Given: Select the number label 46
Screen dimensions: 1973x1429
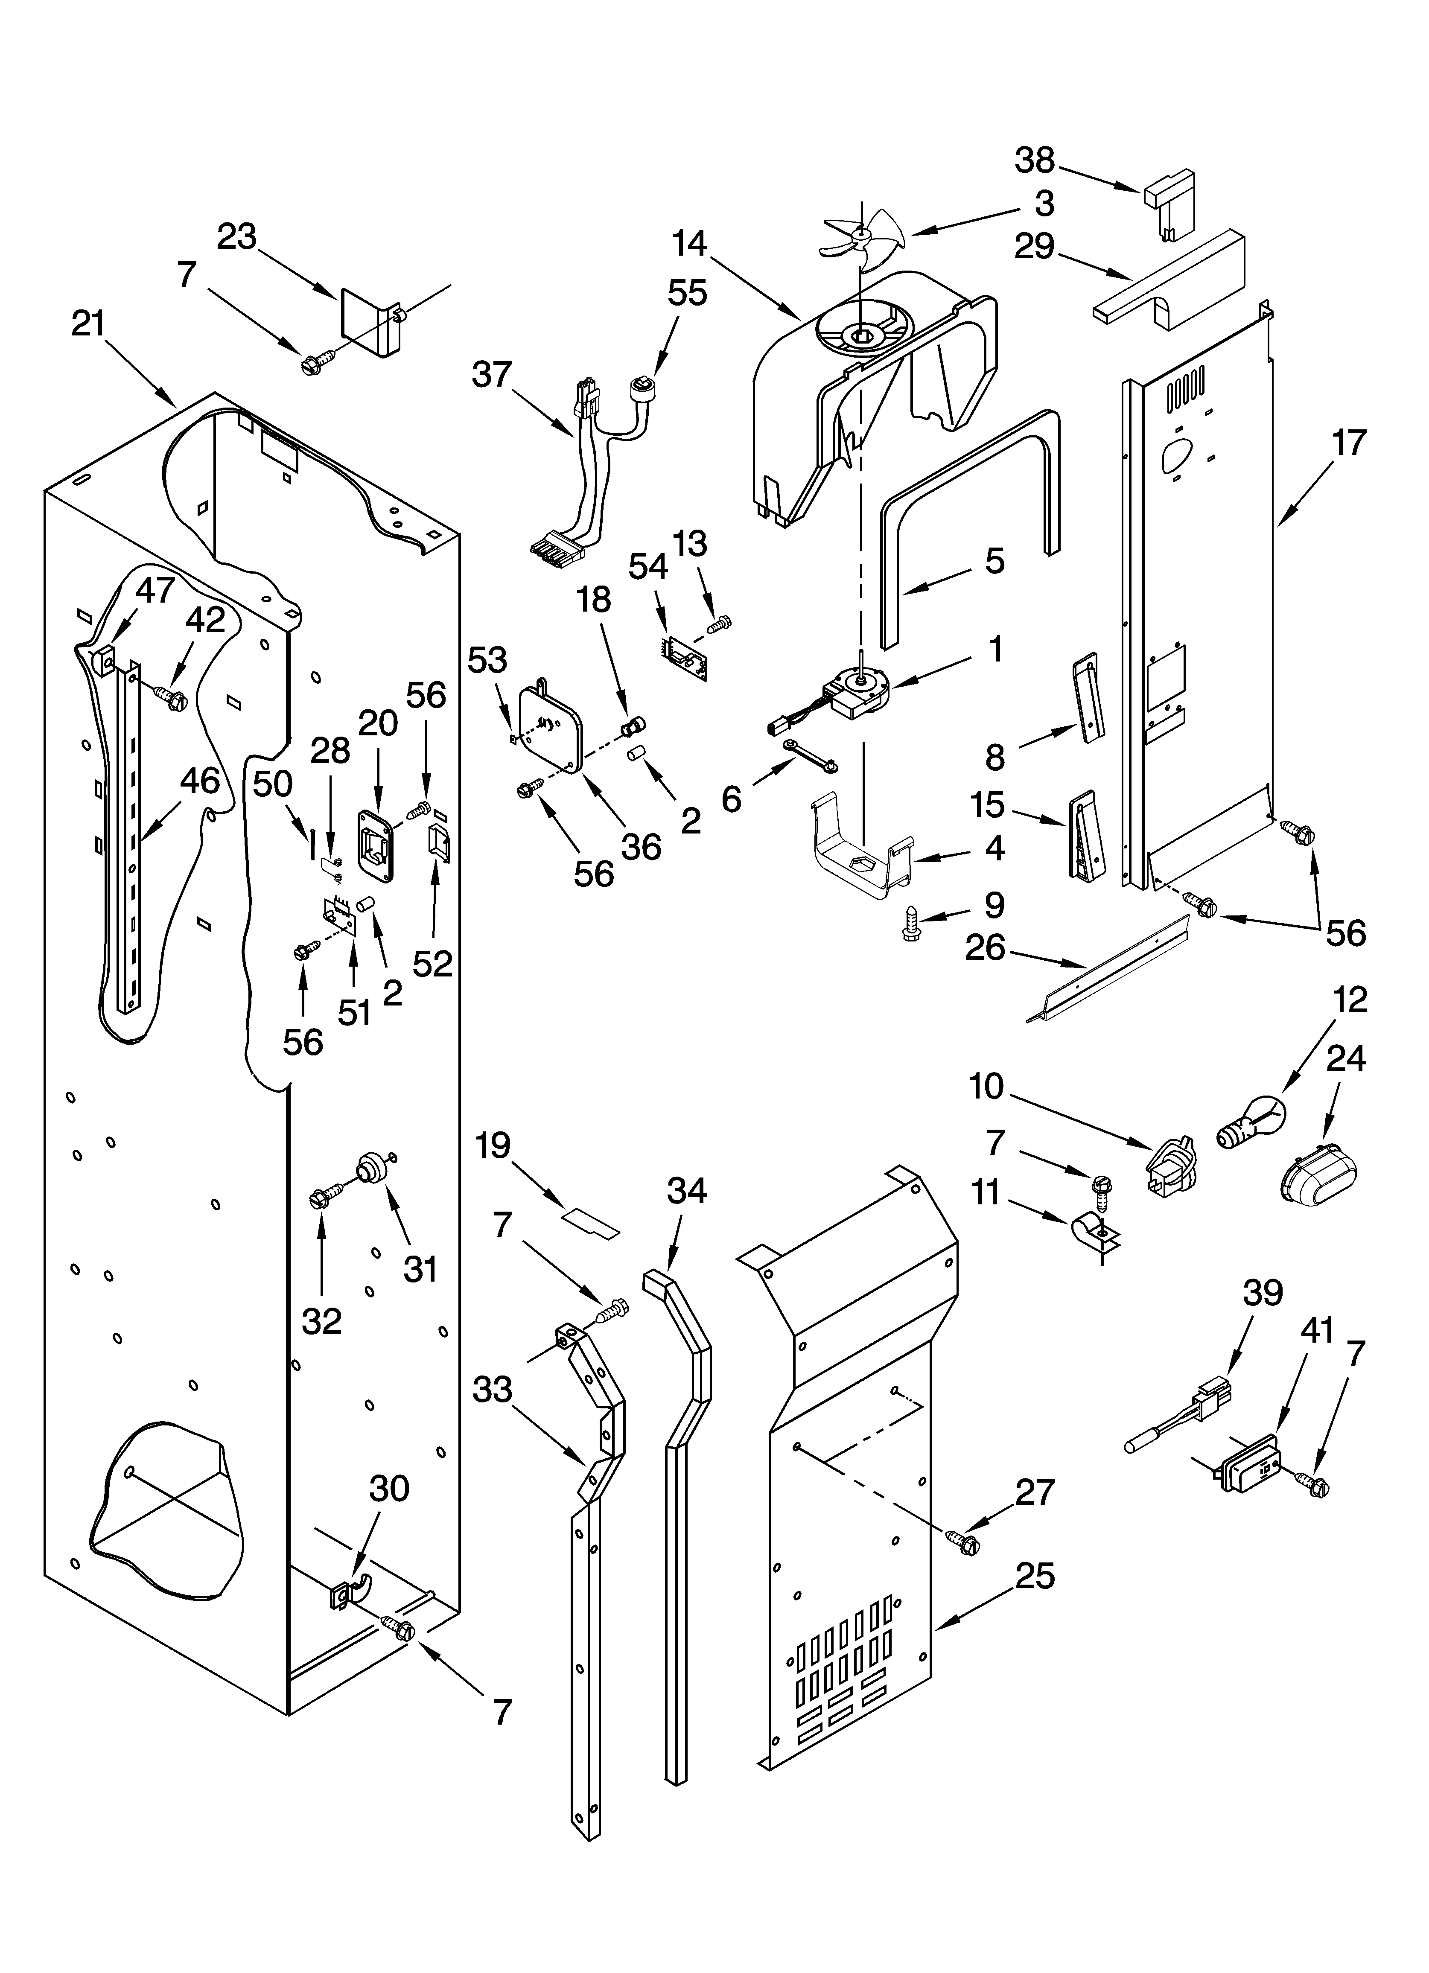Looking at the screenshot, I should [199, 780].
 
